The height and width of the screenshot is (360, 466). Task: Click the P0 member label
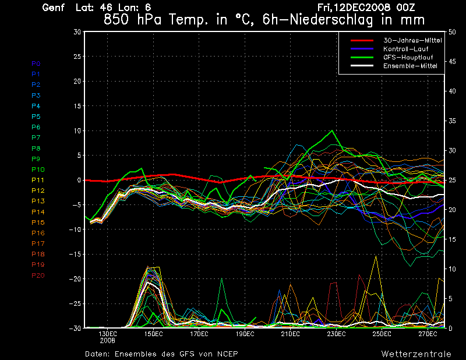[36, 63]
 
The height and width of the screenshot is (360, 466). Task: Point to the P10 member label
[38, 170]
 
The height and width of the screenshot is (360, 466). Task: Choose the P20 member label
[38, 276]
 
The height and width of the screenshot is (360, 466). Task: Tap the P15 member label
[38, 223]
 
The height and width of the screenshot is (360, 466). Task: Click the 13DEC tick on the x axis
[108, 334]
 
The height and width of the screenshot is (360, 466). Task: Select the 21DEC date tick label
[291, 334]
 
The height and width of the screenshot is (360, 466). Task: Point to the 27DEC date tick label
[428, 334]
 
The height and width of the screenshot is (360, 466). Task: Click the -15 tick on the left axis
[76, 255]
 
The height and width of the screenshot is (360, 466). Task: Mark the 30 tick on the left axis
[77, 32]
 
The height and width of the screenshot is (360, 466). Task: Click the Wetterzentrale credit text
[416, 354]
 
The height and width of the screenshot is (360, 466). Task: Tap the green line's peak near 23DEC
[332, 130]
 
